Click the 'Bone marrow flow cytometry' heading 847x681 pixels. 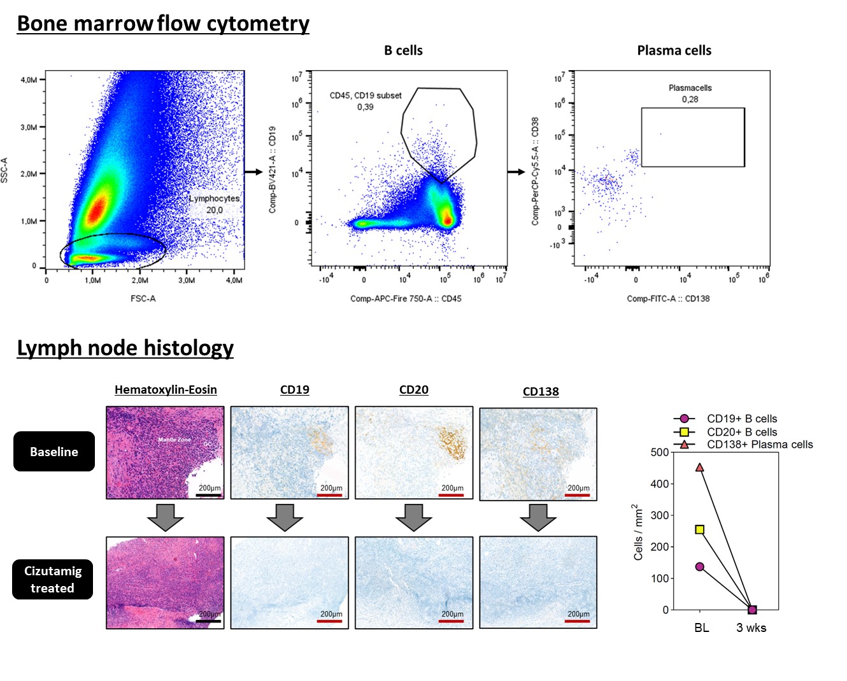[163, 24]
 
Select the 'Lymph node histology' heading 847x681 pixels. [125, 348]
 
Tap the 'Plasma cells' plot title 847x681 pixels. [674, 51]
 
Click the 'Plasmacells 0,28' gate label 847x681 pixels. [690, 94]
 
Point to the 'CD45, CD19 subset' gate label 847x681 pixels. [366, 101]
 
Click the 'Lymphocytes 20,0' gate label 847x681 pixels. [214, 204]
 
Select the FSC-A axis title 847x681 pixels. [143, 298]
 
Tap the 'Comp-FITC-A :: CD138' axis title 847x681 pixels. [668, 298]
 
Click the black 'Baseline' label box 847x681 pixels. [54, 452]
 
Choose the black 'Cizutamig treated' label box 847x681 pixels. [53, 579]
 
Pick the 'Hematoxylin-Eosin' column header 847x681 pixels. [166, 390]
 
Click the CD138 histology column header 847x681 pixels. [541, 392]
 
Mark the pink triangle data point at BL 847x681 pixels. [700, 467]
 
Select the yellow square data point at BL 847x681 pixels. [700, 529]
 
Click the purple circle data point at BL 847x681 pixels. [700, 566]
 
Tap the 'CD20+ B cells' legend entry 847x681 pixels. [741, 432]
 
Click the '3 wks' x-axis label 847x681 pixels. [751, 627]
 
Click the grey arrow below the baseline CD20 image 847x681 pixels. [414, 517]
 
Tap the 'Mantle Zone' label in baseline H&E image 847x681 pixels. [174, 440]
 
